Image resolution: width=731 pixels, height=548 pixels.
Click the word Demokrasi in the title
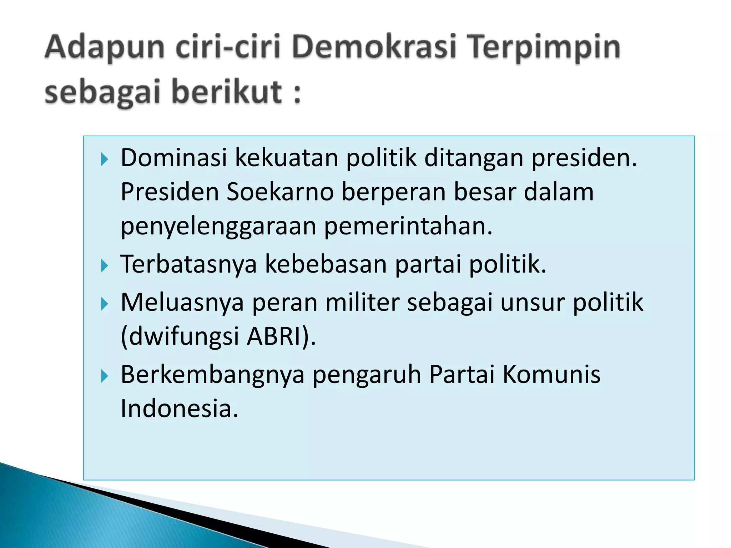pos(374,47)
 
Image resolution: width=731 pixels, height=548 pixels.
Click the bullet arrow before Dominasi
pos(104,159)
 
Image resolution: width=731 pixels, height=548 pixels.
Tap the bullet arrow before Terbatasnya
pos(104,266)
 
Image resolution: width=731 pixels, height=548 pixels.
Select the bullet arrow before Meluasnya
pos(104,304)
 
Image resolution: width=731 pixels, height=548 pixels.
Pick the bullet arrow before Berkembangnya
pos(104,376)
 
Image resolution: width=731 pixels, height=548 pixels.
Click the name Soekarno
pos(280,192)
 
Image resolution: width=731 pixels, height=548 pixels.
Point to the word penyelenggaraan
pos(218,227)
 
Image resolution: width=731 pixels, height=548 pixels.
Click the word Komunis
pos(551,375)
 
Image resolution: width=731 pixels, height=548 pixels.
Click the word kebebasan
pos(326,264)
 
